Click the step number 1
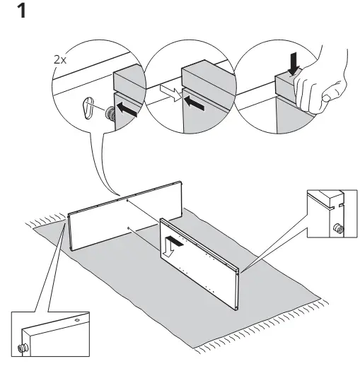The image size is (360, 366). click(x=30, y=12)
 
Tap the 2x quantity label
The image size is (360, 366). click(x=60, y=61)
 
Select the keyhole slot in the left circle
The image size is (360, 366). click(x=88, y=108)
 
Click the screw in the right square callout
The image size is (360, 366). click(x=337, y=229)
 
